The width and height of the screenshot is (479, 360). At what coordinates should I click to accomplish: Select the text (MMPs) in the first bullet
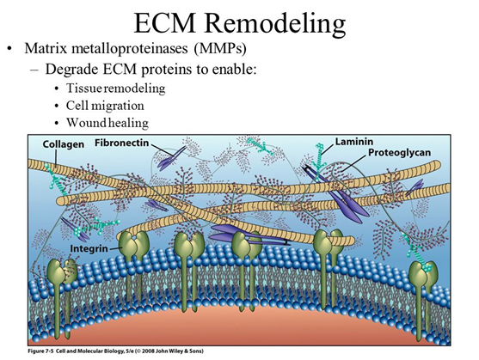[x=220, y=49]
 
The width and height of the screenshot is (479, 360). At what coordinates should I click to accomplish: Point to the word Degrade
[x=72, y=70]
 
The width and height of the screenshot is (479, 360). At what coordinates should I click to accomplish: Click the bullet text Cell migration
[x=105, y=106]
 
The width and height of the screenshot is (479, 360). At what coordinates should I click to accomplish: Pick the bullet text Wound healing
[x=107, y=123]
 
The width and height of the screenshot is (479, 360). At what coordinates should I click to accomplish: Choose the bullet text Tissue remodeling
[x=116, y=88]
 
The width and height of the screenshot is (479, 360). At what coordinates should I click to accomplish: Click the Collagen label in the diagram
[x=64, y=144]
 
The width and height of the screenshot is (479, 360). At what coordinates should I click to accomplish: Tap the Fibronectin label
[x=121, y=143]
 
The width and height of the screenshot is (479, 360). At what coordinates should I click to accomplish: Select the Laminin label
[x=354, y=142]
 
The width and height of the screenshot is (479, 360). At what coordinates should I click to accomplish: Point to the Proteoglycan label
[x=399, y=152]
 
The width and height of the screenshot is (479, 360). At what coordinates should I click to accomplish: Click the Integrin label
[x=89, y=248]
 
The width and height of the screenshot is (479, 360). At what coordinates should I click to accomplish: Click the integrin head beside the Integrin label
[x=133, y=241]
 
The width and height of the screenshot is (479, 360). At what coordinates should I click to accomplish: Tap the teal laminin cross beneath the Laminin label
[x=319, y=162]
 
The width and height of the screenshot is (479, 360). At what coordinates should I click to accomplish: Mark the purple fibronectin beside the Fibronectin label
[x=171, y=159]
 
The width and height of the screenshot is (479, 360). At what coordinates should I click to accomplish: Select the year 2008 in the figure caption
[x=150, y=351]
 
